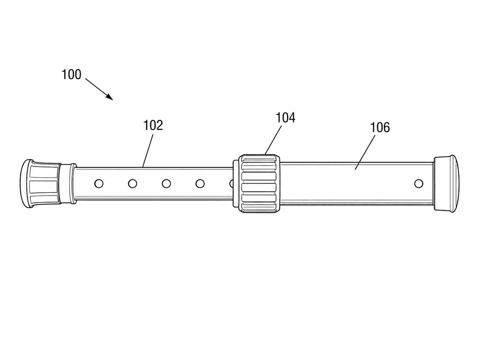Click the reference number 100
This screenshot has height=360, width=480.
[x=72, y=75]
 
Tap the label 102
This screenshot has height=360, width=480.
[x=153, y=125]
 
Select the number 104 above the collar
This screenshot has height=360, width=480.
[x=285, y=118]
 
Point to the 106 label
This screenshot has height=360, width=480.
[x=380, y=127]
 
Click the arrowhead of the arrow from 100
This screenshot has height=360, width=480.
[x=110, y=97]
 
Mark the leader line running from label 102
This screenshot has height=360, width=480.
[x=148, y=151]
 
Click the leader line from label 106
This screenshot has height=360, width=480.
[x=365, y=152]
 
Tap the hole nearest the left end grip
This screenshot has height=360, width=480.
[x=99, y=184]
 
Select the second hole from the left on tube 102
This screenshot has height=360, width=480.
[x=133, y=184]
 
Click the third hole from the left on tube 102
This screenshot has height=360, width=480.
[x=166, y=184]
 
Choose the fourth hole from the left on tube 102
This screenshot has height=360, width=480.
[x=200, y=184]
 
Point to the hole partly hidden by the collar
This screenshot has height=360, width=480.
[x=231, y=184]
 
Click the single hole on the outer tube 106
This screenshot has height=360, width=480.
[x=419, y=184]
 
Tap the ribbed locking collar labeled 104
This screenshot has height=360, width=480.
[x=259, y=183]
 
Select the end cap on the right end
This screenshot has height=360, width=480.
[x=447, y=184]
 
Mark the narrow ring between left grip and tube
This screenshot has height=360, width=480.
[x=73, y=184]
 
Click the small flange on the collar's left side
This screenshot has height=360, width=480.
[x=236, y=184]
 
